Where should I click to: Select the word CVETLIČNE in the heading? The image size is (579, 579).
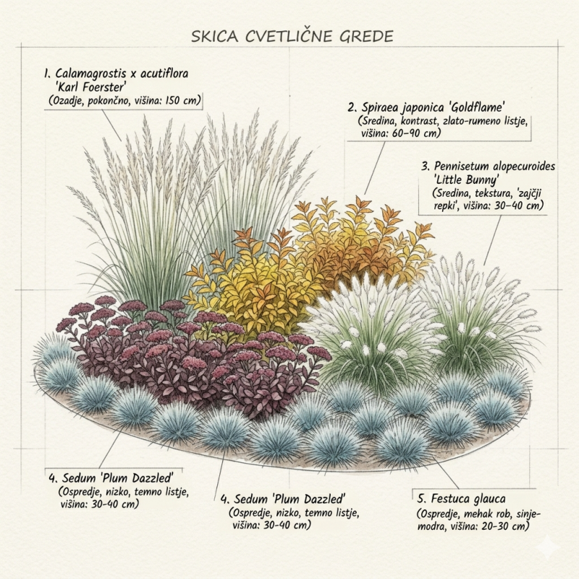point(287,35)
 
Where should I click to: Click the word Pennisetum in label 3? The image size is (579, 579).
point(465,166)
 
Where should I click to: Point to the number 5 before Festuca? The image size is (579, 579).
point(420,499)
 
